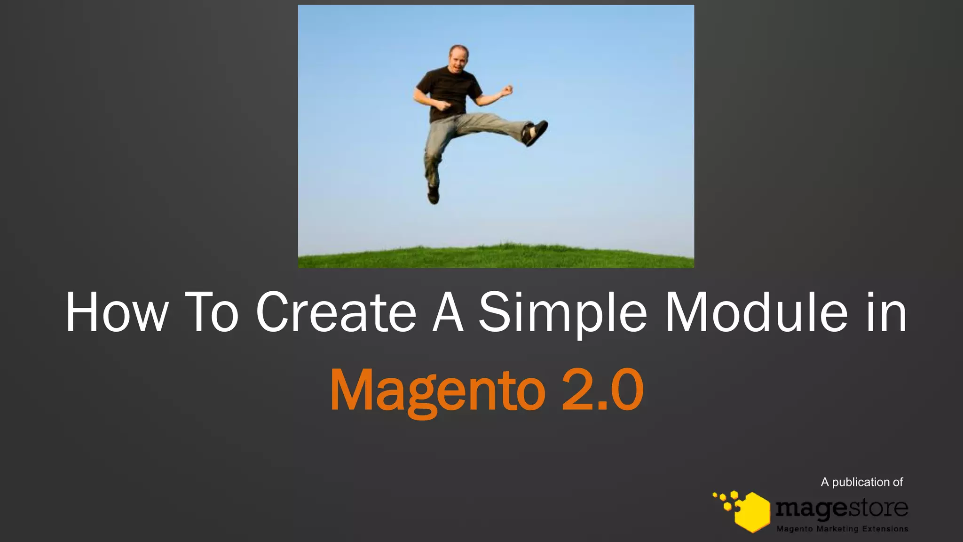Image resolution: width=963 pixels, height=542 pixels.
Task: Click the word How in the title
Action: (x=116, y=312)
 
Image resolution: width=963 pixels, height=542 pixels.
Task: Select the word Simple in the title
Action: (x=563, y=312)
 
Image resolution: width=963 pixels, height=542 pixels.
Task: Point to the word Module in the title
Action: (x=757, y=312)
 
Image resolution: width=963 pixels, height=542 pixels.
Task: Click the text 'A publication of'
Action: (x=861, y=482)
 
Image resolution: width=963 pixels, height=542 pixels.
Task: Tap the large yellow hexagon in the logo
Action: (x=752, y=512)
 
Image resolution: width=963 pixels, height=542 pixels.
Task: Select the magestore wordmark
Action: (x=842, y=508)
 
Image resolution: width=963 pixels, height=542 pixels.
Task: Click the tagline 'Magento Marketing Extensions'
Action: (x=842, y=529)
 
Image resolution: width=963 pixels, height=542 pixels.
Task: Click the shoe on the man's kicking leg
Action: (x=535, y=132)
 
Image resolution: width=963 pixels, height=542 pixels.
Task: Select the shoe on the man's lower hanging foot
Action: (x=433, y=193)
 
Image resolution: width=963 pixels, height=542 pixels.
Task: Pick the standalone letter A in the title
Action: (x=448, y=312)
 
